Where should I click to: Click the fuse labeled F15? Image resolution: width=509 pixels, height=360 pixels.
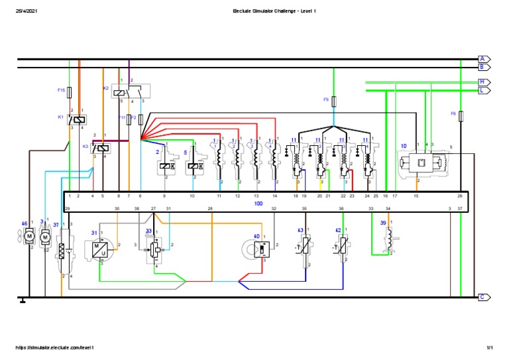(70, 90)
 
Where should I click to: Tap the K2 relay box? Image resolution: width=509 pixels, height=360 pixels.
(131, 91)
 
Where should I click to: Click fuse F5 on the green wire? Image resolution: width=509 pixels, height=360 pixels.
(333, 100)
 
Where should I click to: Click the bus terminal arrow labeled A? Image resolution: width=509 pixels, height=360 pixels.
(483, 59)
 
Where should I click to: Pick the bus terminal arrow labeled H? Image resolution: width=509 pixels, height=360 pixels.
(483, 82)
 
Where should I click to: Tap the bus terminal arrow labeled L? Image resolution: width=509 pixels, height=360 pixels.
(483, 90)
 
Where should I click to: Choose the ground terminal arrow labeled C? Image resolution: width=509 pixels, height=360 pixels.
(483, 298)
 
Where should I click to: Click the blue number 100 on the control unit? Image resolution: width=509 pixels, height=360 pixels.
(258, 204)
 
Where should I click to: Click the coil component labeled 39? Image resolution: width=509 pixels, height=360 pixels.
(390, 237)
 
